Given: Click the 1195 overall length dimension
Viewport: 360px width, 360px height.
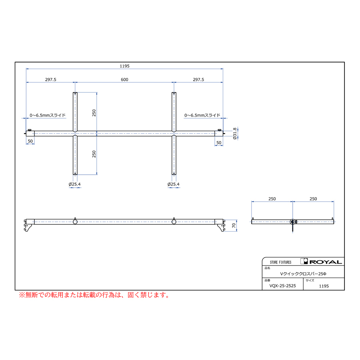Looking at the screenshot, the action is [124, 66].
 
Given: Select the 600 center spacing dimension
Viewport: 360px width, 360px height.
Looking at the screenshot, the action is [124, 80].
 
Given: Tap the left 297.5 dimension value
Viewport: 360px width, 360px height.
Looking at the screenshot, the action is [50, 80].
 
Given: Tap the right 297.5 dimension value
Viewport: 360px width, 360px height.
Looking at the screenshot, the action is [198, 80].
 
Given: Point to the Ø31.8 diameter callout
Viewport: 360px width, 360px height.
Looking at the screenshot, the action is [235, 134].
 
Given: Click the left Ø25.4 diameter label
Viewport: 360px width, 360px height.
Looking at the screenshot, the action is [75, 184].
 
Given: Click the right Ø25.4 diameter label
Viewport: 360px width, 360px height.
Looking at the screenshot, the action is [173, 184].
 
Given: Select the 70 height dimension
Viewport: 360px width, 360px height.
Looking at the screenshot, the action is [234, 226].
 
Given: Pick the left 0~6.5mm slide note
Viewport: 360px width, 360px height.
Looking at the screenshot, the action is [48, 115].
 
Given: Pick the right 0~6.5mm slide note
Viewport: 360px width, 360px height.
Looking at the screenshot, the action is [202, 115].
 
